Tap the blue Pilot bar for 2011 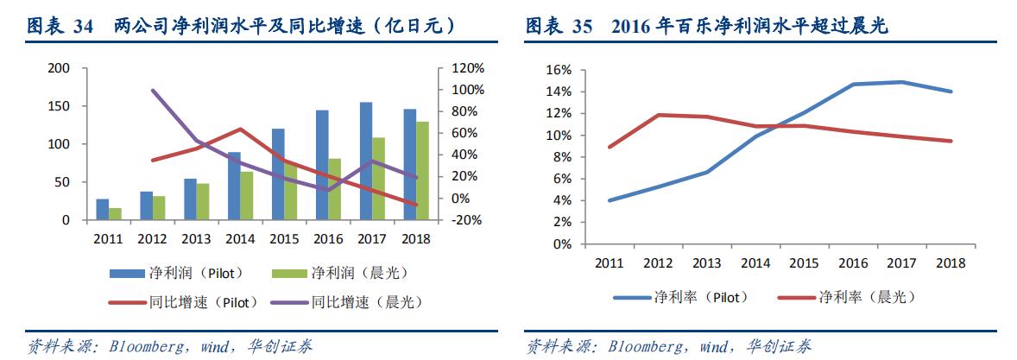click(x=103, y=210)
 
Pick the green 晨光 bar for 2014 click(x=247, y=196)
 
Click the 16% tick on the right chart click(x=559, y=70)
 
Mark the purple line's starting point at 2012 click(x=153, y=90)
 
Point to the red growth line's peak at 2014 click(x=241, y=129)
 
